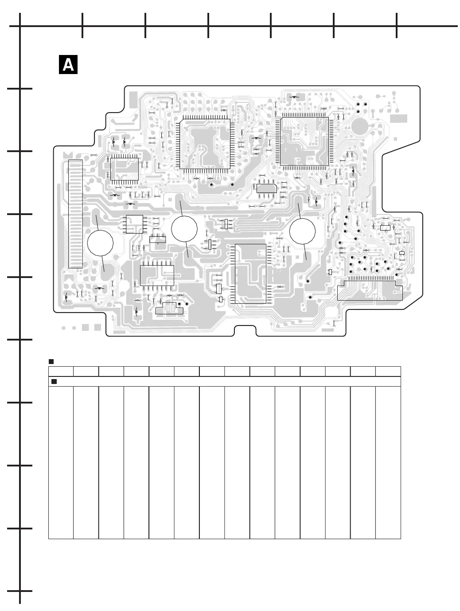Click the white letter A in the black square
[x=68, y=65]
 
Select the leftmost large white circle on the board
[x=100, y=243]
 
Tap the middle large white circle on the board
[x=184, y=229]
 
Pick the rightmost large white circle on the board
[x=303, y=231]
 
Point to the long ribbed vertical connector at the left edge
[x=76, y=214]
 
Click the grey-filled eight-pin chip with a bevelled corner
[x=267, y=188]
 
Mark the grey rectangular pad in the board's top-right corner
[x=398, y=118]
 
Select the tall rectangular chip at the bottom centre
[x=250, y=274]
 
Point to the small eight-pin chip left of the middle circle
[x=134, y=224]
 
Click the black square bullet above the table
[x=51, y=362]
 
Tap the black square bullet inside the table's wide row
[x=54, y=381]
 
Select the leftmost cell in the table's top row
[x=61, y=372]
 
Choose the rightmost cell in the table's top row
[x=388, y=372]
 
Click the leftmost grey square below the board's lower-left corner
[x=63, y=328]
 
